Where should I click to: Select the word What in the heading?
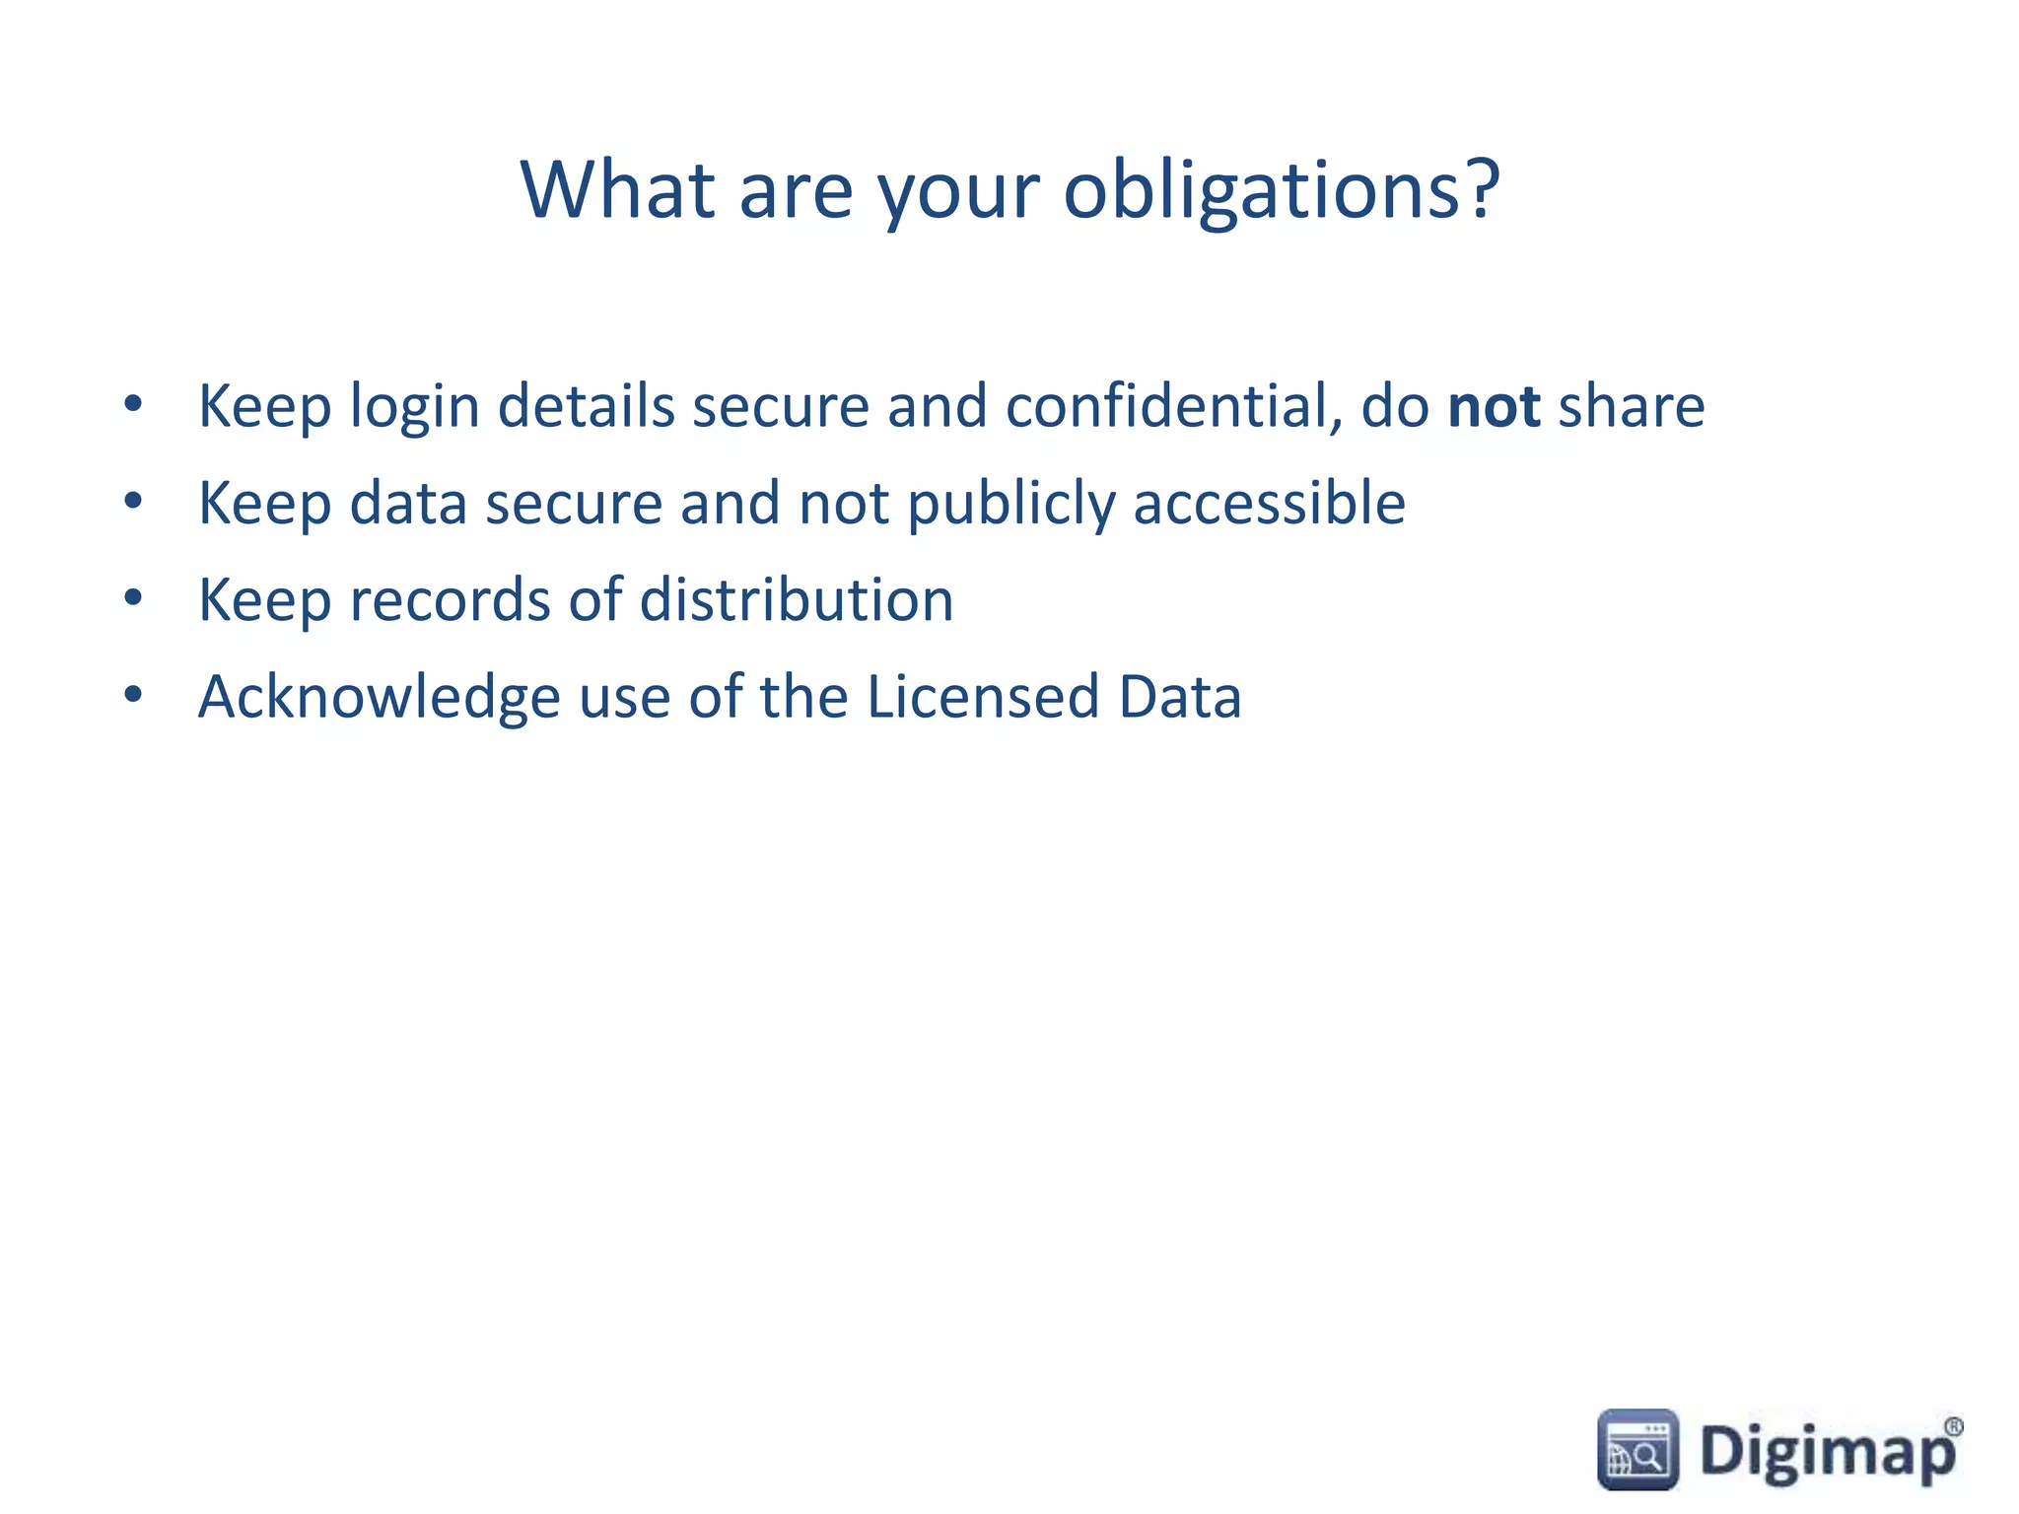pyautogui.click(x=618, y=189)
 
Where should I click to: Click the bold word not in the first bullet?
pyautogui.click(x=1494, y=406)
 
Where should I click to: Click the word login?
pyautogui.click(x=415, y=408)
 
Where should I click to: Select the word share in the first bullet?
pyautogui.click(x=1632, y=406)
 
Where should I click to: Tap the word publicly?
pyautogui.click(x=1011, y=505)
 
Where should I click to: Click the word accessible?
pyautogui.click(x=1270, y=503)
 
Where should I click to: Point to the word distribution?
pyautogui.click(x=797, y=599)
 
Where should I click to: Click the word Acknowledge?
pyautogui.click(x=380, y=698)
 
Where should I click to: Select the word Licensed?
pyautogui.click(x=983, y=696)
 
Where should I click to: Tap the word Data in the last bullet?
pyautogui.click(x=1180, y=696)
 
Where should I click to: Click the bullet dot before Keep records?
pyautogui.click(x=134, y=598)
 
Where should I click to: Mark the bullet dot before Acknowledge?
pyautogui.click(x=134, y=695)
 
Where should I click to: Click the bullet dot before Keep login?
pyautogui.click(x=134, y=403)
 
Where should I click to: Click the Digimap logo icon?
pyautogui.click(x=1637, y=1449)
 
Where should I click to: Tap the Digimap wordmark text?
pyautogui.click(x=1827, y=1452)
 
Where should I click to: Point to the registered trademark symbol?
pyautogui.click(x=1953, y=1426)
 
